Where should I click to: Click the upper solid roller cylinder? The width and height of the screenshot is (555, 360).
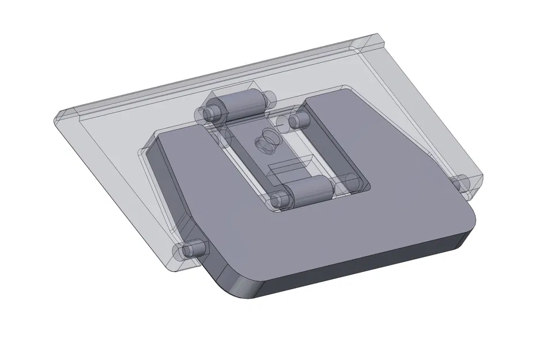point(240,105)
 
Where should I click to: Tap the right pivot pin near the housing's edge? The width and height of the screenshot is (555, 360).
point(462,184)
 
